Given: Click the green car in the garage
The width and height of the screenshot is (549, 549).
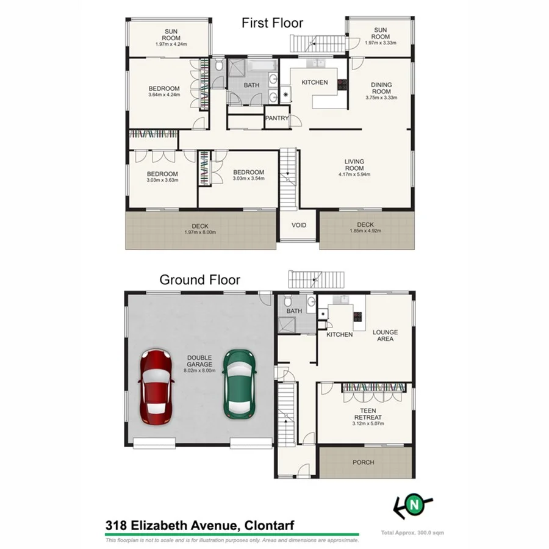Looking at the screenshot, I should coord(238,384).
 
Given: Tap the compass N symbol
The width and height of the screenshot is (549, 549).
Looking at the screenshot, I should coord(415,504).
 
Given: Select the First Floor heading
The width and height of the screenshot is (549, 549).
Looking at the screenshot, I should coord(272,23).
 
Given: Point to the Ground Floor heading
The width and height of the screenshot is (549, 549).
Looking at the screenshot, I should coord(199,280).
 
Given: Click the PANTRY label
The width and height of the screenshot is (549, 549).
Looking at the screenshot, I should coord(276,119).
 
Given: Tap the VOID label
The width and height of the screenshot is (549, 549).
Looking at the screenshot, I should coord(298,225).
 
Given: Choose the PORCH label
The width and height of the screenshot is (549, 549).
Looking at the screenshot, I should coord(364,462).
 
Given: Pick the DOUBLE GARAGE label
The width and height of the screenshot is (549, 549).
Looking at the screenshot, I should coord(200,361).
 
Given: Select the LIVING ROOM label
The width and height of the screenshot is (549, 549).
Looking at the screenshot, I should coord(354,165).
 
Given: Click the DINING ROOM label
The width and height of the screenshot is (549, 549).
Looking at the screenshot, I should coord(381,88).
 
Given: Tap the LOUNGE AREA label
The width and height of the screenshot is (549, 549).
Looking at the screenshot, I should coord(386,335).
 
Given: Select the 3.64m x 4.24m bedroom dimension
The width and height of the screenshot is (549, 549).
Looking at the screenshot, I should coord(163,95).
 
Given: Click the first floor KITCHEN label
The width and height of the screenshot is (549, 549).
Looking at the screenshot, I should coord(315,82).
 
